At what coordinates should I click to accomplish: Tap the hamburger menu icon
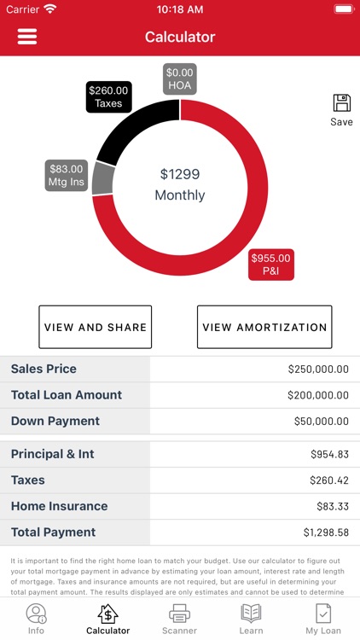27,37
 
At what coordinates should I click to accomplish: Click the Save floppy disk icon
341,104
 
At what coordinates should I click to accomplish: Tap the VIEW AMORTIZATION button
264,327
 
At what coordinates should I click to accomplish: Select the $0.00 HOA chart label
180,79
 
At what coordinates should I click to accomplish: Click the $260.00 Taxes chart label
108,96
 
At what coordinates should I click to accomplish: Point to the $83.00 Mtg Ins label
67,176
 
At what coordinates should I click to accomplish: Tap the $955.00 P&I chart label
270,265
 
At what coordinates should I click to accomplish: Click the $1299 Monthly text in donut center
180,184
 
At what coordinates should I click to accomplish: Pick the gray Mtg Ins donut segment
102,177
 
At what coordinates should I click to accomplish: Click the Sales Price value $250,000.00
317,369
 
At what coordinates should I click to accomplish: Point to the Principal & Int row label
53,454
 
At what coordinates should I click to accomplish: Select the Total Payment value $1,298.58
325,532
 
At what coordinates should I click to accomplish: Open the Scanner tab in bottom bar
179,619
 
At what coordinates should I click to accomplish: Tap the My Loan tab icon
323,619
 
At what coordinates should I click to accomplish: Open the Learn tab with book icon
251,619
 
